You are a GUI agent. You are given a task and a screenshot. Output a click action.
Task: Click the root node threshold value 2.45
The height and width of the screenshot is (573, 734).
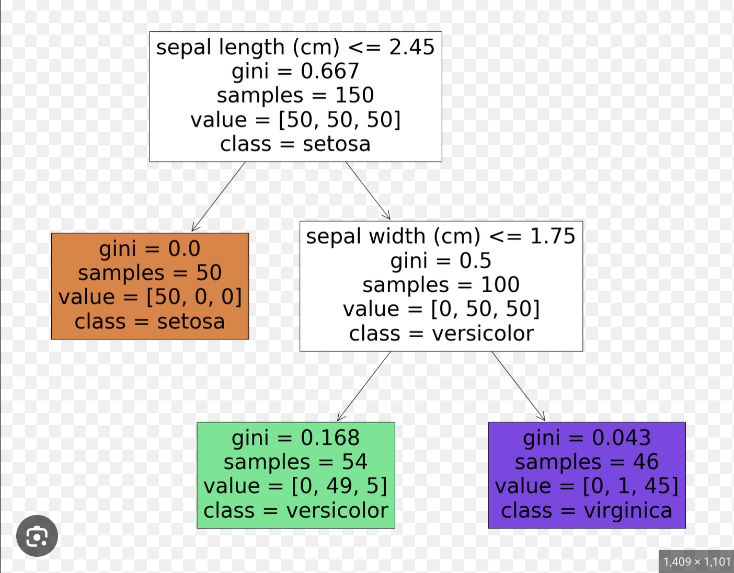[411, 47]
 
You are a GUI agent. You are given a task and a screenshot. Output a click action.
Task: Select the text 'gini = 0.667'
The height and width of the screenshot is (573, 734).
[295, 71]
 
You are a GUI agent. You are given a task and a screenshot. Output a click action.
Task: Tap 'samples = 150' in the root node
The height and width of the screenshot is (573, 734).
[295, 95]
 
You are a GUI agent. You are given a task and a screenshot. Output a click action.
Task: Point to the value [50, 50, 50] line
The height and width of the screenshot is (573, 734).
[295, 120]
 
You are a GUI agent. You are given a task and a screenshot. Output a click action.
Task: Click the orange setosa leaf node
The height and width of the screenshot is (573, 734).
[150, 286]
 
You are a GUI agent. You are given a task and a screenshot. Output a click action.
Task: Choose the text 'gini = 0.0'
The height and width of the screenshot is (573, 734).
[150, 249]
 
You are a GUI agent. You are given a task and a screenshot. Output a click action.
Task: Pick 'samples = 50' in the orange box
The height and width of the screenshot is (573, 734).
[150, 273]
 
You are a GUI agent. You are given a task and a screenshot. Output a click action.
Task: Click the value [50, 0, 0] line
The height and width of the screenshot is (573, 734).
[150, 297]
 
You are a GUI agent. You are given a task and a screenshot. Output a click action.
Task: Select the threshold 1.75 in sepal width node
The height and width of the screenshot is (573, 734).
[553, 236]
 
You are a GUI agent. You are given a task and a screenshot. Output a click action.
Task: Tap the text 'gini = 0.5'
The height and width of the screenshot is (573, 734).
[441, 260]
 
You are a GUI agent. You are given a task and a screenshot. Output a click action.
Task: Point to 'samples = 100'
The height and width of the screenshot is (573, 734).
[441, 285]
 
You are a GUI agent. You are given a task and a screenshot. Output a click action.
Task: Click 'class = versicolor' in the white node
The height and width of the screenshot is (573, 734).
[441, 334]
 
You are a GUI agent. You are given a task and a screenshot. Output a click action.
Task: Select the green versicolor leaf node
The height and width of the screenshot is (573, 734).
[295, 475]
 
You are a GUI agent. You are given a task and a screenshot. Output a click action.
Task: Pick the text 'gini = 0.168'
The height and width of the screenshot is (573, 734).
[295, 438]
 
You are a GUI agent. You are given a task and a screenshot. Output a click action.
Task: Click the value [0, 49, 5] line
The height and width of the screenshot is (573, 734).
[295, 486]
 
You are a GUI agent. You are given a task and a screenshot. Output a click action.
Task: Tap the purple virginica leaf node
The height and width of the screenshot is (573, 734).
[587, 475]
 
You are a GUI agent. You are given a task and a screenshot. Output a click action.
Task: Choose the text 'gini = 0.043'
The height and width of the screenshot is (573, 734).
[587, 438]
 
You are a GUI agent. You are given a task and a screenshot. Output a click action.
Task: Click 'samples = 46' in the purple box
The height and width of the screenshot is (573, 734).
[587, 462]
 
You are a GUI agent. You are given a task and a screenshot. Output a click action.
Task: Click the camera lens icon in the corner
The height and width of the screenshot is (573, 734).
[37, 536]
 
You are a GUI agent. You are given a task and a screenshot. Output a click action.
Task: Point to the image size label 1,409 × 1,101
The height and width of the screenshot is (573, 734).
[696, 562]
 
